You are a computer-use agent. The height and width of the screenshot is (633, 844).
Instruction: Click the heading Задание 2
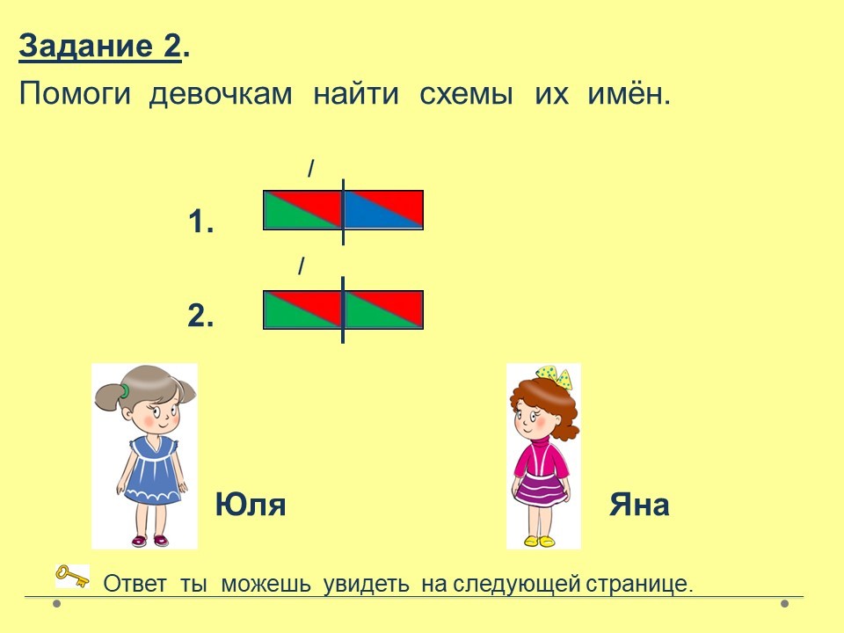point(105,47)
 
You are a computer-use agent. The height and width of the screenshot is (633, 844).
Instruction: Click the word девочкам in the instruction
point(221,94)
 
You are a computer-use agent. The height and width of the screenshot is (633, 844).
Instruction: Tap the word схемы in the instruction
point(466,94)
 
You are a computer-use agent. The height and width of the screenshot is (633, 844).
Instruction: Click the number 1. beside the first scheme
point(201,222)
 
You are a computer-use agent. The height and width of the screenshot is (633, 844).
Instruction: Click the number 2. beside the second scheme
point(200,315)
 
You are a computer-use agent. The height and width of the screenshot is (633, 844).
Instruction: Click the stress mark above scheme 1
point(310,169)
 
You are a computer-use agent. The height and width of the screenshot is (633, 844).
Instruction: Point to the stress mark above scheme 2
point(302,266)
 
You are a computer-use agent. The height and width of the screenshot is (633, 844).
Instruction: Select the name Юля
point(251,505)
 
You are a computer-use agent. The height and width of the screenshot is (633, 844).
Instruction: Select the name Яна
point(639,505)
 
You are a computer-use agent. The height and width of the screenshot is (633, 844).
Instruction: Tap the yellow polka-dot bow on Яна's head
point(555,375)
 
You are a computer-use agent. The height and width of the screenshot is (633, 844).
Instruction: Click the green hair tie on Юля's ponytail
point(124,390)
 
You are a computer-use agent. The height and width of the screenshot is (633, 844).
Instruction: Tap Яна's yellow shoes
point(539,541)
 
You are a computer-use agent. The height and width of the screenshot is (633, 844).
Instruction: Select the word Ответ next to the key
point(135,584)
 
